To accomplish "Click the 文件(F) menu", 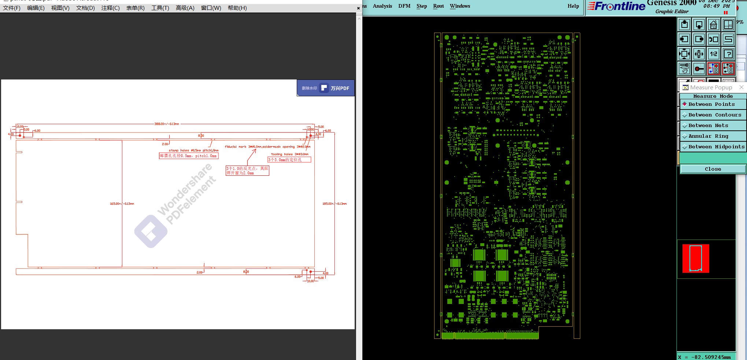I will pyautogui.click(x=12, y=8).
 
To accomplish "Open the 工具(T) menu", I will pyautogui.click(x=160, y=8).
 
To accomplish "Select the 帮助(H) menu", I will pyautogui.click(x=237, y=8).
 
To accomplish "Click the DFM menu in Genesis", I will pyautogui.click(x=404, y=6).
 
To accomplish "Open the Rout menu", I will pyautogui.click(x=438, y=6).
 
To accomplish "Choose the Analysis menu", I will pyautogui.click(x=382, y=6).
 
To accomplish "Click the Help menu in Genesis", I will pyautogui.click(x=573, y=6).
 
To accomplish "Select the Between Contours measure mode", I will pyautogui.click(x=714, y=115).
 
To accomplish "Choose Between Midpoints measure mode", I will pyautogui.click(x=716, y=147).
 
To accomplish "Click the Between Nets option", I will pyautogui.click(x=708, y=126).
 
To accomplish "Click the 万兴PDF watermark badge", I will pyautogui.click(x=326, y=88).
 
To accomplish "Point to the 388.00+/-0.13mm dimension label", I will pyautogui.click(x=167, y=124).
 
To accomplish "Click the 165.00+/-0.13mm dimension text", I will pyautogui.click(x=122, y=204).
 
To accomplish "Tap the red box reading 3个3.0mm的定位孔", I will pyautogui.click(x=289, y=160).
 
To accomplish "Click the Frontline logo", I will pyautogui.click(x=616, y=7).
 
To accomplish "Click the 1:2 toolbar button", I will pyautogui.click(x=714, y=54).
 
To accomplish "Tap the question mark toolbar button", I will pyautogui.click(x=728, y=54).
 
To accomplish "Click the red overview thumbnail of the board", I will pyautogui.click(x=695, y=259).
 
